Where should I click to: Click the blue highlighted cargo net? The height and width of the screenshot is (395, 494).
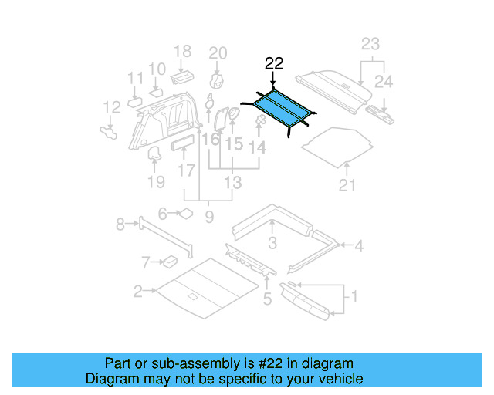280,107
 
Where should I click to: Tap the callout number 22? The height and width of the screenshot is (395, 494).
274,63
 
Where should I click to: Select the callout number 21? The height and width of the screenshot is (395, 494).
348,184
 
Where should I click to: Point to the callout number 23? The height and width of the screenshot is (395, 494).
371,44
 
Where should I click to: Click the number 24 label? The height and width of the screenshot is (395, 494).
384,80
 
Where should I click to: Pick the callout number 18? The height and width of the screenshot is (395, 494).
182,52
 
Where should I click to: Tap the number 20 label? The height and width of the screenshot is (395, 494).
218,52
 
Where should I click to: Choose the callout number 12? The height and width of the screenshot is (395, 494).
112,107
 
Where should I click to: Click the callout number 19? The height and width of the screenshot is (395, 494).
156,182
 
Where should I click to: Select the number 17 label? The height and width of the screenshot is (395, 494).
186,169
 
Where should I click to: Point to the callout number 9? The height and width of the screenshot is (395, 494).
208,218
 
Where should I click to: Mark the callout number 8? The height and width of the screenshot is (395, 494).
120,225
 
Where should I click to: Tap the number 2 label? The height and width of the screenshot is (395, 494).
138,292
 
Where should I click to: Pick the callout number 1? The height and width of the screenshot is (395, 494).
354,295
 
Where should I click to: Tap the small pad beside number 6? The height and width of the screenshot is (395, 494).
185,214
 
